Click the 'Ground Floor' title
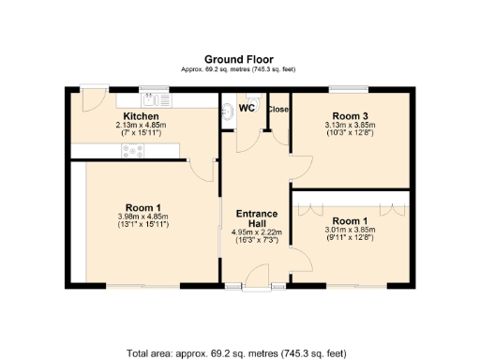(x=239, y=58)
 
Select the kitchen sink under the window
(x=149, y=96)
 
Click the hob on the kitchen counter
(x=131, y=149)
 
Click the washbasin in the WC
(x=231, y=110)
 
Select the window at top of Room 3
(x=348, y=90)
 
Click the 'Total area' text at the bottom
(x=239, y=353)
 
